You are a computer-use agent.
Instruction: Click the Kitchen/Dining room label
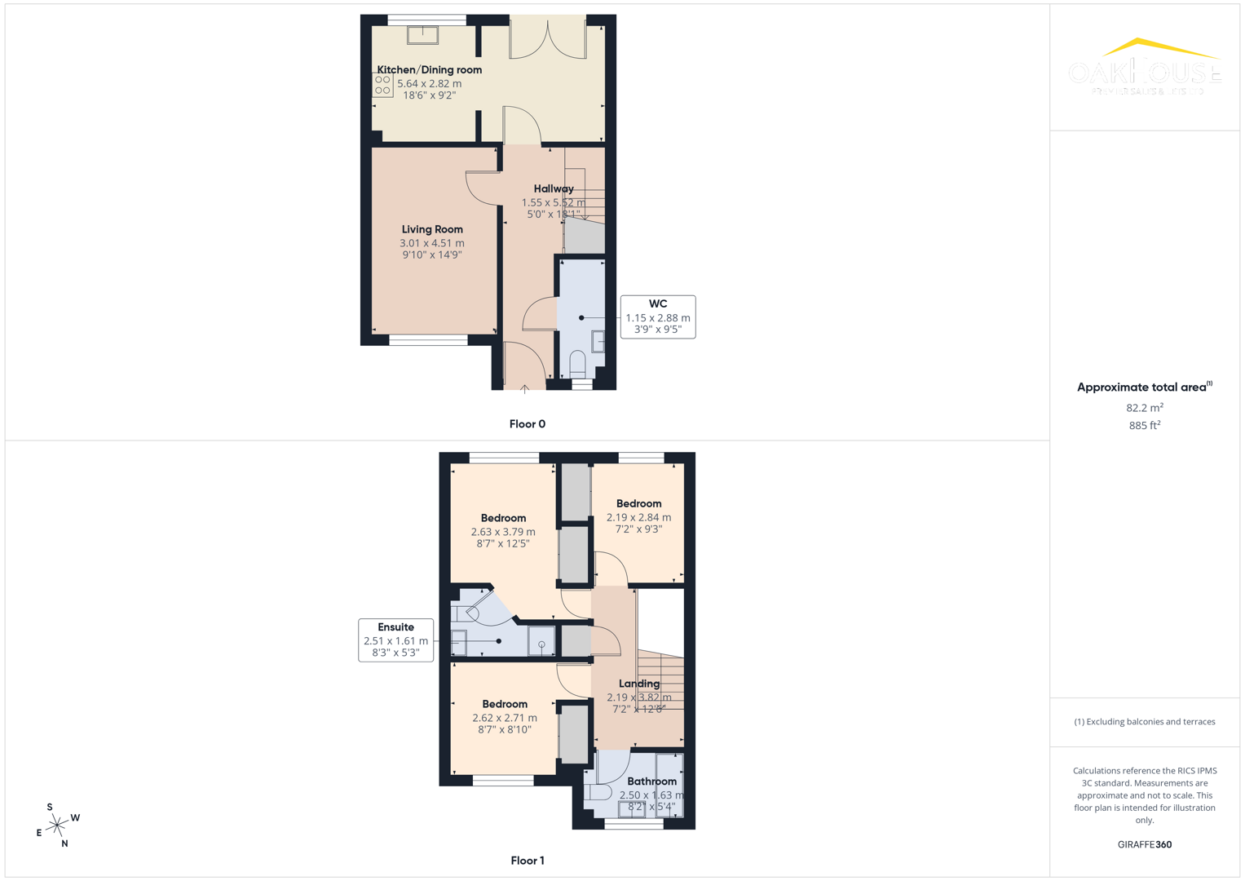point(429,70)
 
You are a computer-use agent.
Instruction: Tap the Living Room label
point(432,229)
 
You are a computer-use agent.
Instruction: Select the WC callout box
point(657,317)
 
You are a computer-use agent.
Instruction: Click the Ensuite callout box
point(395,640)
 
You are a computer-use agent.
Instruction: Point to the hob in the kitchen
point(382,85)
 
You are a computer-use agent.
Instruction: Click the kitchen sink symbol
point(422,34)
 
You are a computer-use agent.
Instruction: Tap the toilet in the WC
point(577,362)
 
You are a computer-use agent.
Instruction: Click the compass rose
point(57,826)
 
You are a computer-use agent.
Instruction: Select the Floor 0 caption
point(527,424)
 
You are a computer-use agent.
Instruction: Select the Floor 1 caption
point(527,861)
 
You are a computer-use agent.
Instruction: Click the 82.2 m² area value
point(1144,408)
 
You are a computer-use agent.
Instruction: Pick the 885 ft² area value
point(1144,426)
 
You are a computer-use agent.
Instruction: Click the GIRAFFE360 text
point(1144,844)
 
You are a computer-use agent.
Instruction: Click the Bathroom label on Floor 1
point(651,781)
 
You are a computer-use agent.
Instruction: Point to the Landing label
point(639,684)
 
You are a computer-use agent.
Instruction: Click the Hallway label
point(554,188)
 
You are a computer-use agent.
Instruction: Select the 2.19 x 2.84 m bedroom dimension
point(638,517)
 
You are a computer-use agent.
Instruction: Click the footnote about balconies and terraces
point(1144,722)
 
